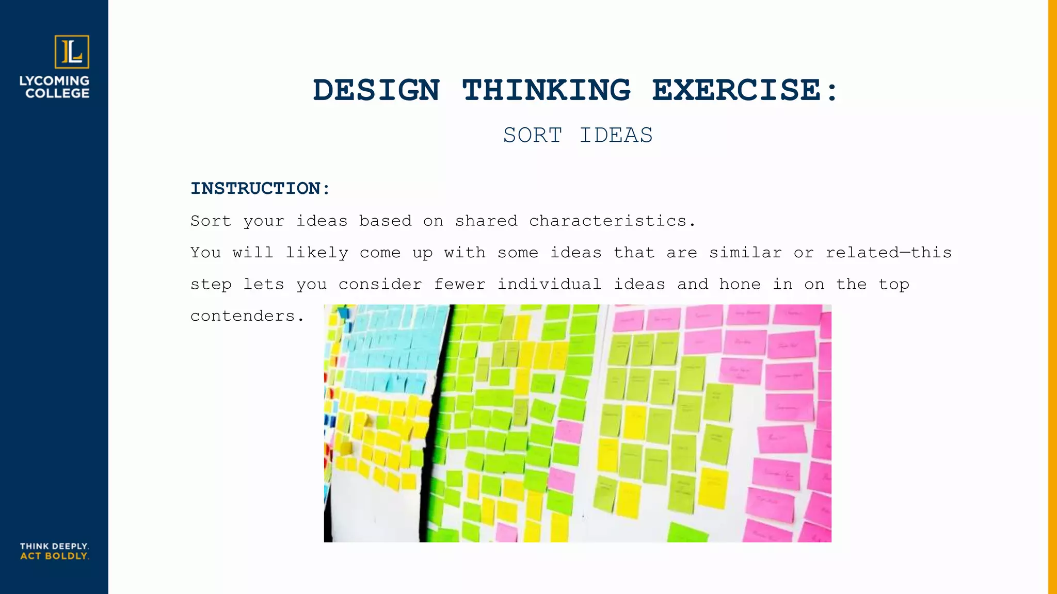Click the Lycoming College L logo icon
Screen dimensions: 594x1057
(x=72, y=52)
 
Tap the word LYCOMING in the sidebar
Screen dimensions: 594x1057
(x=54, y=81)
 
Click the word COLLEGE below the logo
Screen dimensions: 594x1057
(x=57, y=93)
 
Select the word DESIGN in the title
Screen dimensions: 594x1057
(x=376, y=90)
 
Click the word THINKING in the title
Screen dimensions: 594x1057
(x=546, y=90)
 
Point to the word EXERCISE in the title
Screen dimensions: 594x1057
(x=736, y=90)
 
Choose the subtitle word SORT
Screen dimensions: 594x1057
(x=532, y=135)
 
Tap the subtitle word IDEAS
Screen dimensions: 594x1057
(x=616, y=135)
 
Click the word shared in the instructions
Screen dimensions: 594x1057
(x=486, y=221)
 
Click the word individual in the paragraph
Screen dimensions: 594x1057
(x=549, y=284)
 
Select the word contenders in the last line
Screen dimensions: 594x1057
(x=243, y=316)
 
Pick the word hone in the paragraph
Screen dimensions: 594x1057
(x=740, y=284)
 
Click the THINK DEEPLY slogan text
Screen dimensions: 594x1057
(x=54, y=546)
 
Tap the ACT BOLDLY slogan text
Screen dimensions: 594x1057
(x=54, y=556)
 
